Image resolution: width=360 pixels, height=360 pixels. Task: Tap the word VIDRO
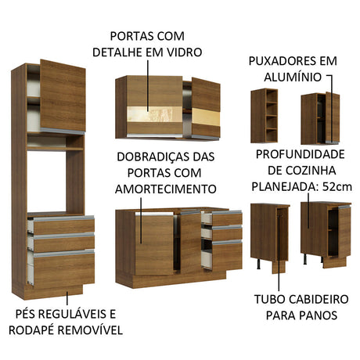182,52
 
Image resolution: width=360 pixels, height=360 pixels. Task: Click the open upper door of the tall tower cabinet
62,95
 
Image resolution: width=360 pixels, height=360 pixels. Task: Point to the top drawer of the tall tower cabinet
61,225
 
